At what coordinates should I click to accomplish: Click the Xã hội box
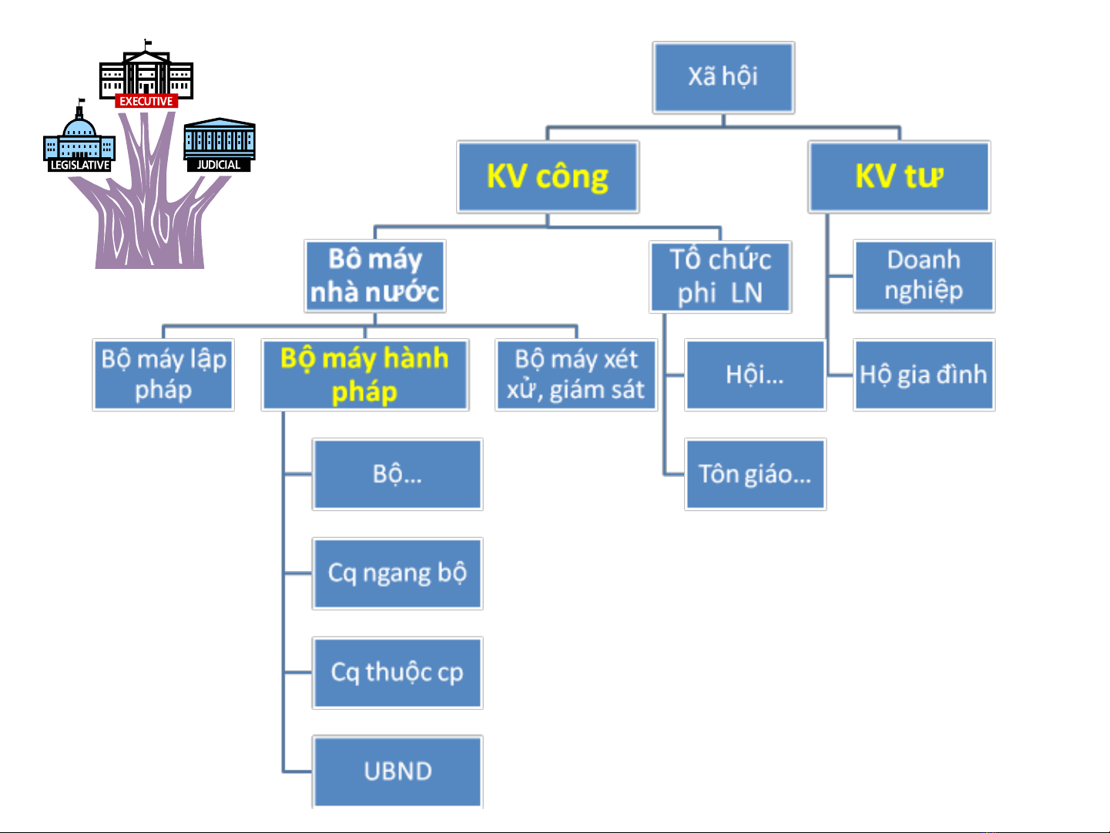[723, 77]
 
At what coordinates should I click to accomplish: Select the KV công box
[548, 176]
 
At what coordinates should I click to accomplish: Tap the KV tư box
[899, 176]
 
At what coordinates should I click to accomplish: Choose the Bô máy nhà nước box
[374, 276]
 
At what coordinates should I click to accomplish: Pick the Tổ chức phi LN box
[720, 277]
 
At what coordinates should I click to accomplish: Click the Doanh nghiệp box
[924, 276]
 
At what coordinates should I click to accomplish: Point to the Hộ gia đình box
[924, 375]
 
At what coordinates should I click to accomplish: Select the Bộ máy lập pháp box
[163, 375]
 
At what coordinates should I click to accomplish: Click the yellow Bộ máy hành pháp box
[365, 375]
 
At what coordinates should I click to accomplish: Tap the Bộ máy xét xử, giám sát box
[576, 375]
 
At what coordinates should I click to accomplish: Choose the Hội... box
[755, 375]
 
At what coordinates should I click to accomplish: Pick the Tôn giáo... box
[755, 474]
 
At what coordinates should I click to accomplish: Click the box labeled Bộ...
[397, 474]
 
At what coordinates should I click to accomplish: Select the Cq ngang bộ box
[397, 573]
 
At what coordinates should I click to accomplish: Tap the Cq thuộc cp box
[397, 672]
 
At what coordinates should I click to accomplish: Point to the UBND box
[397, 771]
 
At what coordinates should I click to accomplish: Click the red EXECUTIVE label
[146, 101]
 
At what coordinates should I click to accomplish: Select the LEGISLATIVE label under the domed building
[80, 165]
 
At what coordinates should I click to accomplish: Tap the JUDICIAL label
[219, 165]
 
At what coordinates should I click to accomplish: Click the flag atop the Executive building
[148, 42]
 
